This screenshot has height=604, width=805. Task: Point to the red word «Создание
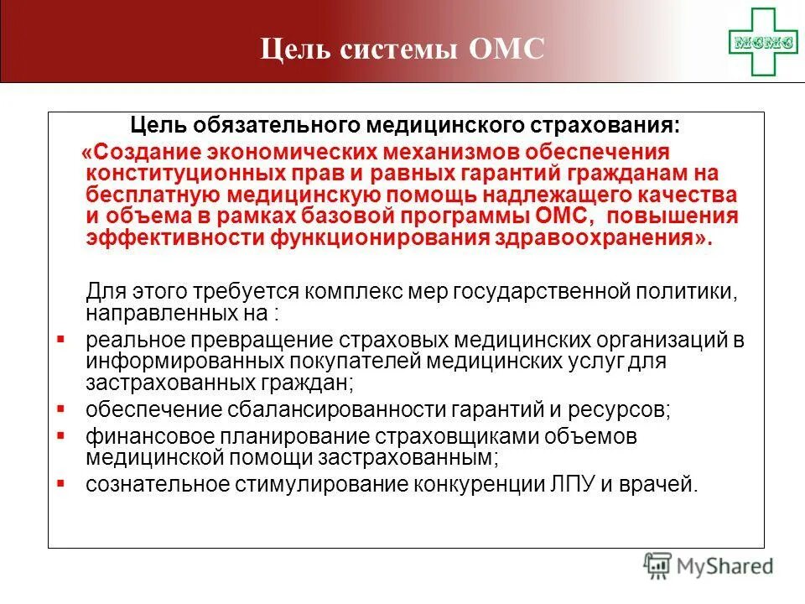coord(133,153)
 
